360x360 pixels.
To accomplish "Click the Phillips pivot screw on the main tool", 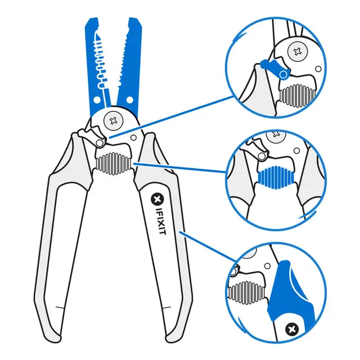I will pyautogui.click(x=115, y=119).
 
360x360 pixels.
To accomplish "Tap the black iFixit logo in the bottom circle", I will pyautogui.click(x=292, y=328).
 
